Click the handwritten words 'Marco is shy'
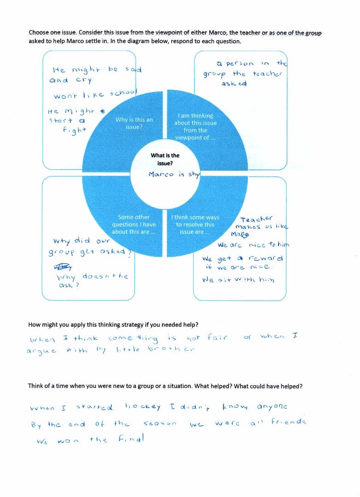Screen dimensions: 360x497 point(174,174)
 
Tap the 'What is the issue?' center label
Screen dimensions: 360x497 point(165,159)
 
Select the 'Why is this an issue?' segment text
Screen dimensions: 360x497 point(134,123)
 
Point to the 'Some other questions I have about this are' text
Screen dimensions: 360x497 point(134,225)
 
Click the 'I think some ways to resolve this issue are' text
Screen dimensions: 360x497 point(195,225)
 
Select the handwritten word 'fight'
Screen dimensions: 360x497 point(74,130)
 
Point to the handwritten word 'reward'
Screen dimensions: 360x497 point(265,258)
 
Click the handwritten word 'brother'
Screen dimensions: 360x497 point(171,349)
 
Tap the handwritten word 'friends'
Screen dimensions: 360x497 point(288,422)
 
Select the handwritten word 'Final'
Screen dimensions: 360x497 point(131,439)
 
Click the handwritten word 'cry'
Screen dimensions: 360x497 point(84,80)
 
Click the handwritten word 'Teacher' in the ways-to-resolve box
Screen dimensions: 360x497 point(256,219)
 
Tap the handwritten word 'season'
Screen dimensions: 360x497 point(160,423)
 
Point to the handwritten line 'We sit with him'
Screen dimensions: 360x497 point(238,280)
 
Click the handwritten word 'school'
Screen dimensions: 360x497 point(123,93)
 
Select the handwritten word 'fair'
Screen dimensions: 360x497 point(217,337)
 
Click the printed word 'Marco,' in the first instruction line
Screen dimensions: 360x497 point(217,33)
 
